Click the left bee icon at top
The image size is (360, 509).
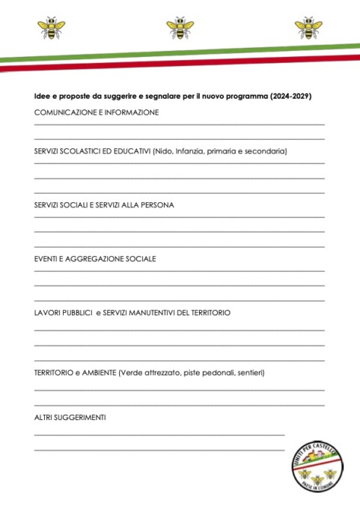click(x=51, y=28)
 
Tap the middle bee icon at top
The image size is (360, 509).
click(x=180, y=28)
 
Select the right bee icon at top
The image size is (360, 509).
click(x=308, y=28)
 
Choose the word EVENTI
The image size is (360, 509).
click(x=46, y=258)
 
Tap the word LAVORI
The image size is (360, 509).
click(x=48, y=312)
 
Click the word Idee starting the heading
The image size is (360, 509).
click(x=43, y=97)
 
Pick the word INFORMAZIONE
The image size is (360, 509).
click(x=130, y=112)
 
